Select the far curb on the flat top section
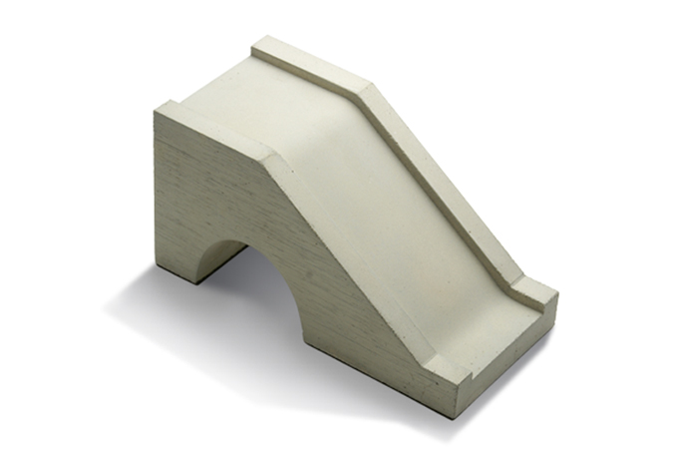[x=309, y=65]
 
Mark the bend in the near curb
[x=274, y=160]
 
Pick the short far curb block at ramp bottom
[x=533, y=289]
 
